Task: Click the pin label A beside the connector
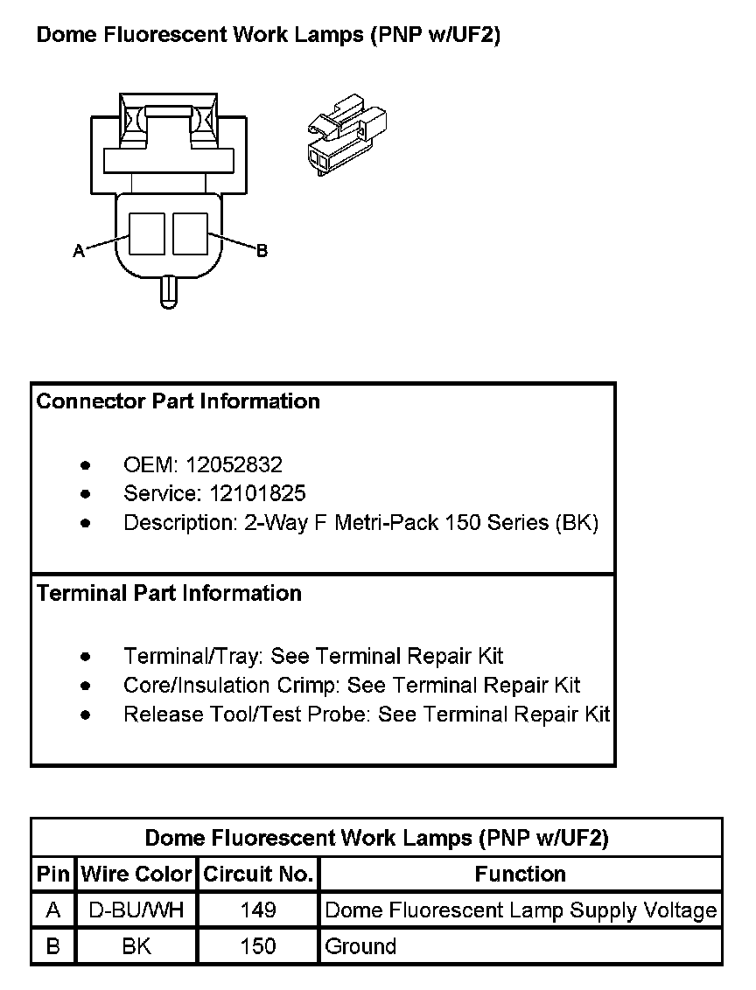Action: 78,251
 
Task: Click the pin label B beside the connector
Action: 262,251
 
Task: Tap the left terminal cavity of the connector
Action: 147,234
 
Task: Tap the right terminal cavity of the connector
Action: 190,234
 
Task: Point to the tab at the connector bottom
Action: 169,291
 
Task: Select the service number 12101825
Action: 257,493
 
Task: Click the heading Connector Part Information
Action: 178,401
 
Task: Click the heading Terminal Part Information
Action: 170,593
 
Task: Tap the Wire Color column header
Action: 136,874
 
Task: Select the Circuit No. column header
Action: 258,874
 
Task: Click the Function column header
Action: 521,874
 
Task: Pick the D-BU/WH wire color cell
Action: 136,910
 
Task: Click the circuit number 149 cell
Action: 258,910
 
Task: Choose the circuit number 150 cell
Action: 258,946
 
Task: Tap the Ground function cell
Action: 360,946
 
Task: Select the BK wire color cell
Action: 136,946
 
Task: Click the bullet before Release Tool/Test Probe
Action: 85,715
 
